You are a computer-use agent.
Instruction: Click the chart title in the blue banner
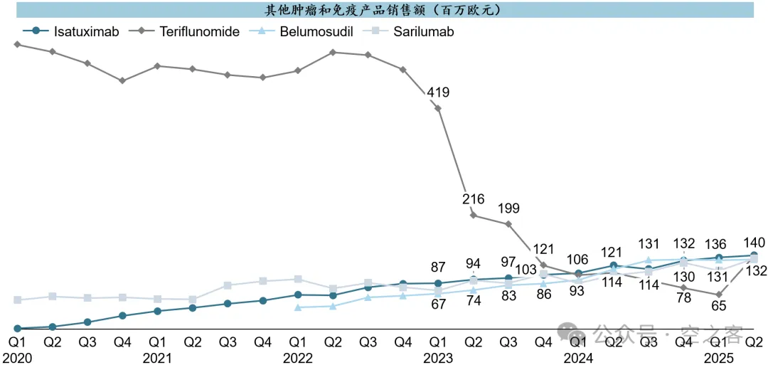[x=383, y=10]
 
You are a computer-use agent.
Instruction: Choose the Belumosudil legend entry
[x=316, y=31]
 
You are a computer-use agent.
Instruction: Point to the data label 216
[x=473, y=199]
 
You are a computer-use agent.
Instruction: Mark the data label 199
[x=508, y=208]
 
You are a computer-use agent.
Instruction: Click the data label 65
[x=719, y=306]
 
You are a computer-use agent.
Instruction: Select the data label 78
[x=684, y=298]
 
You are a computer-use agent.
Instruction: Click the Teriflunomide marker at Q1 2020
[x=18, y=44]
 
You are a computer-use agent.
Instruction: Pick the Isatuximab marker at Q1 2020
[x=18, y=329]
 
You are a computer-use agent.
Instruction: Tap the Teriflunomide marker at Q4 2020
[x=122, y=80]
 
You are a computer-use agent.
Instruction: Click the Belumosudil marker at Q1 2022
[x=297, y=307]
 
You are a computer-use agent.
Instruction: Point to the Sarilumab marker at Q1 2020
[x=18, y=300]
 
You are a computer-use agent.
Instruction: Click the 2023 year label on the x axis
[x=438, y=358]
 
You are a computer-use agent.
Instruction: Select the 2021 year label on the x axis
[x=157, y=358]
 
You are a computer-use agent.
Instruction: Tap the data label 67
[x=438, y=305]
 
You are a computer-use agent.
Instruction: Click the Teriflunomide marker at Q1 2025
[x=719, y=294]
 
